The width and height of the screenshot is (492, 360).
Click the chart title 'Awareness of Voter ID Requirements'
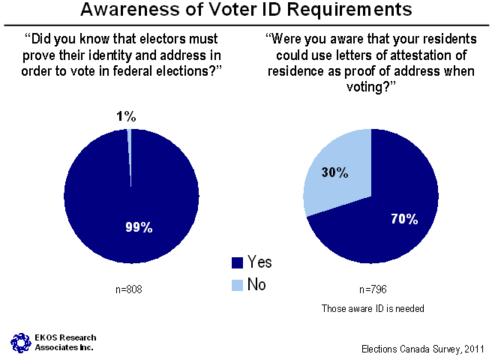point(246,10)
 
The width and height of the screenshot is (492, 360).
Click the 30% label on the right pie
point(334,173)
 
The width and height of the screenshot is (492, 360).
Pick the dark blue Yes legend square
point(238,262)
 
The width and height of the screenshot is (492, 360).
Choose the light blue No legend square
point(238,283)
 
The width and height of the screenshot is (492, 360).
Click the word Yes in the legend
point(259,262)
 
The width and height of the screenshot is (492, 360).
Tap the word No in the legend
point(256,283)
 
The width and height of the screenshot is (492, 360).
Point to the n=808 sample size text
point(131,290)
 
